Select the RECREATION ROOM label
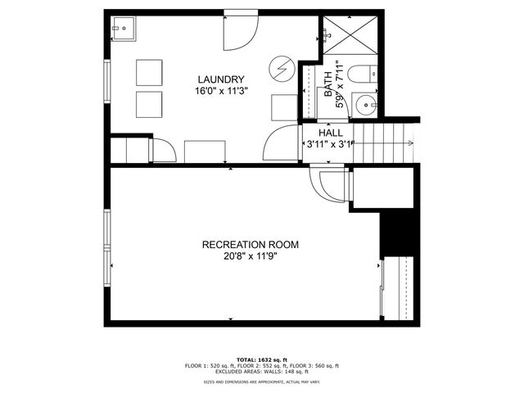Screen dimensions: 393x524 (251, 244)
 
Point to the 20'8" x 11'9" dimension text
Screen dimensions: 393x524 (251, 256)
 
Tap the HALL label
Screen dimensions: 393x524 (331, 132)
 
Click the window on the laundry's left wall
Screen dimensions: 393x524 (106, 78)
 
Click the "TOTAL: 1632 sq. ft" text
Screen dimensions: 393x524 (261, 359)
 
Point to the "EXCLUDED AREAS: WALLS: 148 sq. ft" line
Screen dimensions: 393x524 (262, 372)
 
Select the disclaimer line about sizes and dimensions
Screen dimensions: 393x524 (262, 382)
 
